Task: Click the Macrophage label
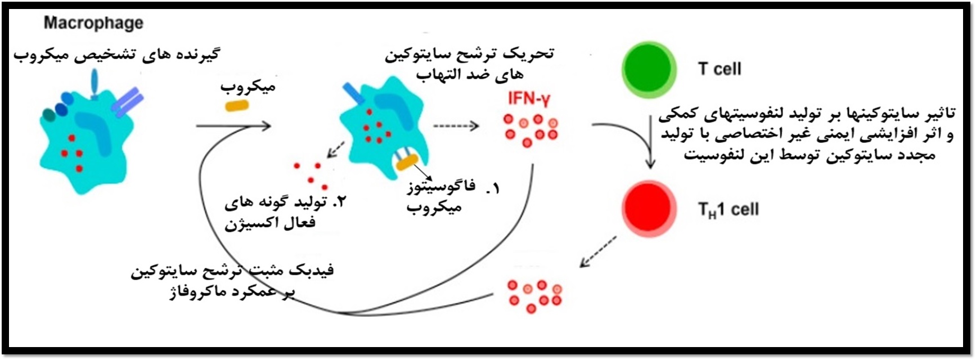[93, 23]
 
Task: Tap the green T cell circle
[649, 69]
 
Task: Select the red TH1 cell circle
[649, 209]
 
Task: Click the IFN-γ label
[528, 99]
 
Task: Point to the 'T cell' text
[719, 69]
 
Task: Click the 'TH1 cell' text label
[728, 210]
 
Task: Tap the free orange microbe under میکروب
[237, 105]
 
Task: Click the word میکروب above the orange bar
[248, 87]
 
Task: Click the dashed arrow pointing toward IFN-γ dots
[456, 125]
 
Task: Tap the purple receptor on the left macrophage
[127, 101]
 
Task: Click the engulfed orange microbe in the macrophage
[407, 163]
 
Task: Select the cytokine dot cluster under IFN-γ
[530, 129]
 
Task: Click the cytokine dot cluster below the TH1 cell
[534, 295]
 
